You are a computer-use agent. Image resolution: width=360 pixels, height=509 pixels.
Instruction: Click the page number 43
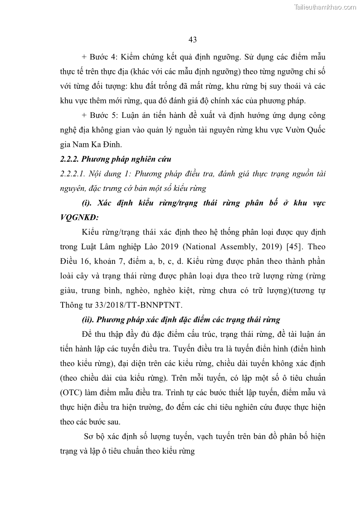tap(192, 40)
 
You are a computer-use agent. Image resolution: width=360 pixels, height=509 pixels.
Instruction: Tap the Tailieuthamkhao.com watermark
tap(326, 7)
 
